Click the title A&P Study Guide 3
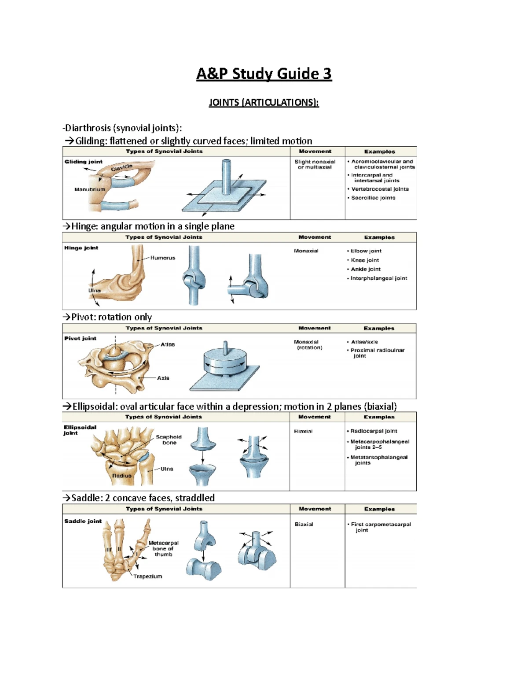264,74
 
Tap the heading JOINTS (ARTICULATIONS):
264,103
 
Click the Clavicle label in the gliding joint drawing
121,168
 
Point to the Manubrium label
90,189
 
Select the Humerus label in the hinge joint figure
162,258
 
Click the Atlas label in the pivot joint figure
167,344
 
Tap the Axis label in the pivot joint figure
163,378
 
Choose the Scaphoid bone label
169,440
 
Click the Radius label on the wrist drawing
121,476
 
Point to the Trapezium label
147,576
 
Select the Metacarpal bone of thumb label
163,548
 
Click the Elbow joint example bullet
365,251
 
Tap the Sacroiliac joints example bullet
373,198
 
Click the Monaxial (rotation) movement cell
309,344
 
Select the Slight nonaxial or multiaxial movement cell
315,164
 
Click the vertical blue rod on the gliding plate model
226,176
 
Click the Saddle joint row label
83,521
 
